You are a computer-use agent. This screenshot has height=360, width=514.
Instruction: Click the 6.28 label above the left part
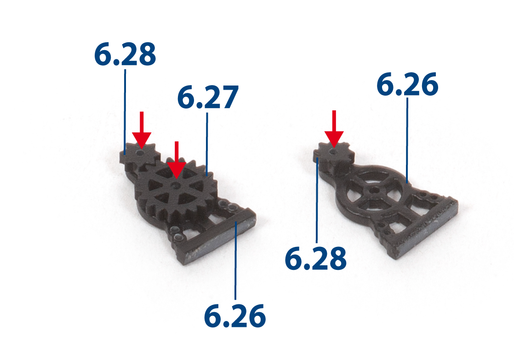[x=125, y=54]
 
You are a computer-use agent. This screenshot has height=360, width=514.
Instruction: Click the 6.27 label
[x=208, y=97]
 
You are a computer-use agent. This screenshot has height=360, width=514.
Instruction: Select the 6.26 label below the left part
[x=235, y=316]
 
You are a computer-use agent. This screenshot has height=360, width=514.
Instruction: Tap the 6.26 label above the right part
[x=407, y=85]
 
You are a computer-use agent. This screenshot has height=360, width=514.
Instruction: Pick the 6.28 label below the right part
[x=316, y=258]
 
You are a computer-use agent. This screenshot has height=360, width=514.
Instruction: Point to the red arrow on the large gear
[x=177, y=160]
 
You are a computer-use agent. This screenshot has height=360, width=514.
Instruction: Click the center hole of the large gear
[x=177, y=186]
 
